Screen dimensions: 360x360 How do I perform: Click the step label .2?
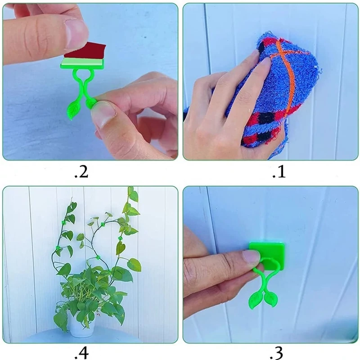[81, 172]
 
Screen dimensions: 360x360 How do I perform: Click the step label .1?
[279, 172]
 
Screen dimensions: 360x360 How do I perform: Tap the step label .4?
[81, 353]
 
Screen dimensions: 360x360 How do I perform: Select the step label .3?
[276, 353]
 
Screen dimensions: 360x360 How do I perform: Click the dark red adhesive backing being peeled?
[85, 50]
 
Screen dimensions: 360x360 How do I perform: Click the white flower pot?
[81, 324]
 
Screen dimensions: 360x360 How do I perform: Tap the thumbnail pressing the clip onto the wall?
[252, 256]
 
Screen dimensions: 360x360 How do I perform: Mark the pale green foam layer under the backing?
[83, 61]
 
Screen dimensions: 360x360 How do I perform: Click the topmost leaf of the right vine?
[131, 191]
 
